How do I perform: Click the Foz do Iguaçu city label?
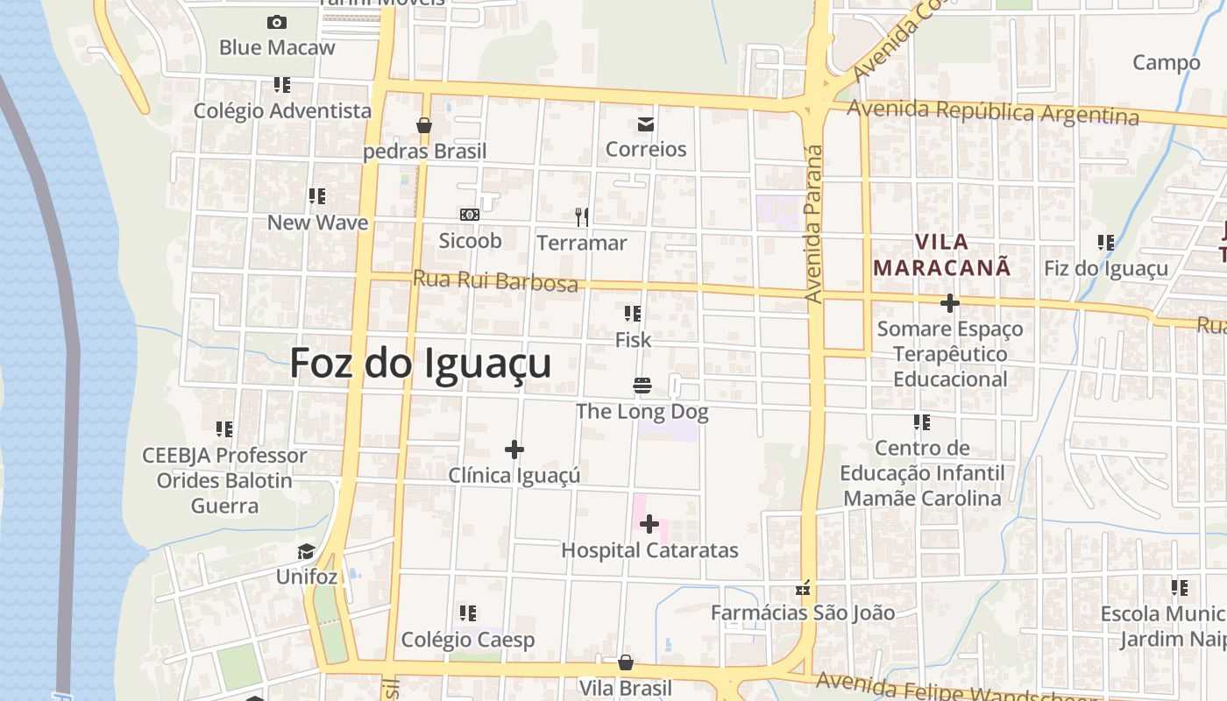tap(421, 363)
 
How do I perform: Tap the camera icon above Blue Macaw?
tap(277, 22)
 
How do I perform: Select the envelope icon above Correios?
tap(646, 124)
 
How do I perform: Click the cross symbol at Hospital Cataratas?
tap(649, 524)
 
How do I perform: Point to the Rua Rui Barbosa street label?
tap(495, 281)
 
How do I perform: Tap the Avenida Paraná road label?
tap(814, 223)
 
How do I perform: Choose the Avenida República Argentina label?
tap(993, 112)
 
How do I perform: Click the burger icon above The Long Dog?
tap(642, 386)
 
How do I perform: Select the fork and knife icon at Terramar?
tap(581, 216)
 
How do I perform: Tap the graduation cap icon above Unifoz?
tap(306, 551)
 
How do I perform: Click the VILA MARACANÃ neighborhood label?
tap(942, 254)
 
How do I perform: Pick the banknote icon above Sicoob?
tap(470, 215)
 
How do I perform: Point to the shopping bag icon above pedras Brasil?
tap(424, 125)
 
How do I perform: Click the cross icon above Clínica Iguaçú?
tap(514, 450)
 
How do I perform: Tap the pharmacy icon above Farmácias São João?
tap(802, 588)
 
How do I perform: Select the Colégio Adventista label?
tap(282, 111)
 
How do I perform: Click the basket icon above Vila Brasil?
tap(626, 662)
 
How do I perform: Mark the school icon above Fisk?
tap(633, 313)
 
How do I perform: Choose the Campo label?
tap(1166, 62)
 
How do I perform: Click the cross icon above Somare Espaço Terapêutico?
tap(949, 303)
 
